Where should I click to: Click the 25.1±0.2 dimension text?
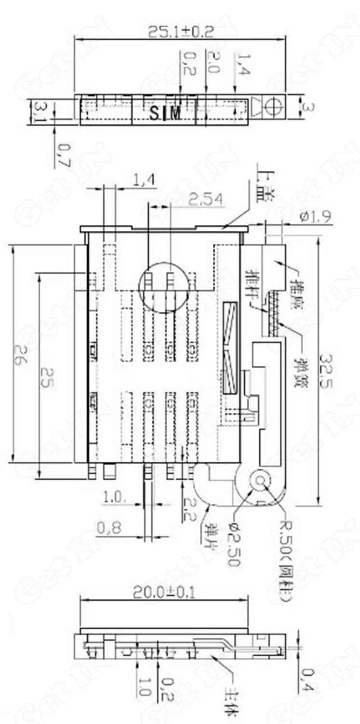pos(180,32)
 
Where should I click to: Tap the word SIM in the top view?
pos(165,114)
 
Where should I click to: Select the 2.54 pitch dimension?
pos(206,199)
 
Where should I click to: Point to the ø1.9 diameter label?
pos(315,217)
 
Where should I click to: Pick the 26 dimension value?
pos(18,355)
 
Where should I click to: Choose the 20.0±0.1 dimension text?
pos(164,592)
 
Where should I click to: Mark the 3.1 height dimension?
pos(38,112)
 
